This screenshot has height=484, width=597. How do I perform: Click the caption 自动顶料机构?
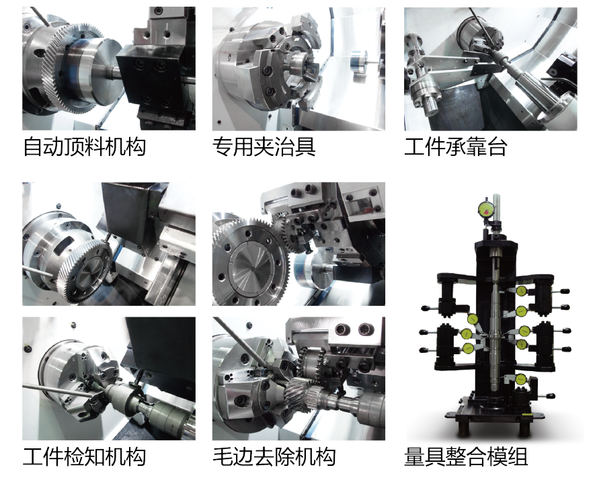coord(85,147)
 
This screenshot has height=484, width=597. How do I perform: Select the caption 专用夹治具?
coord(264,147)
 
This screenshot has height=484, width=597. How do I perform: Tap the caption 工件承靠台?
coord(455,147)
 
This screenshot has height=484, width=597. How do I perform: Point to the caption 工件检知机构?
coord(85,457)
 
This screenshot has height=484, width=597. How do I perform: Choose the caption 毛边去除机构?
coord(274,457)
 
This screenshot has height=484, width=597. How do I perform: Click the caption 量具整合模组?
coord(466,457)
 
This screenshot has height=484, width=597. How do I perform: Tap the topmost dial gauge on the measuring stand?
coord(486,209)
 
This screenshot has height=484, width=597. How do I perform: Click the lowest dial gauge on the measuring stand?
coord(520,379)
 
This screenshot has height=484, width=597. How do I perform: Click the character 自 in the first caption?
coord(33,147)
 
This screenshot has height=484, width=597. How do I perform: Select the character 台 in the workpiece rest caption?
coord(496,147)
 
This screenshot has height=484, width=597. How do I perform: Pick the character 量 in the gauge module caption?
coord(415,457)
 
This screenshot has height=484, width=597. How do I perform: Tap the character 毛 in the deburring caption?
coord(223,457)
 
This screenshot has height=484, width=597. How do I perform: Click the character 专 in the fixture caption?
coord(223,147)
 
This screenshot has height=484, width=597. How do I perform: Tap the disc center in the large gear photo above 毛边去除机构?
coord(252,268)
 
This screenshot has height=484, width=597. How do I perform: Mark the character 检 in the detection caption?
coord(74,457)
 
